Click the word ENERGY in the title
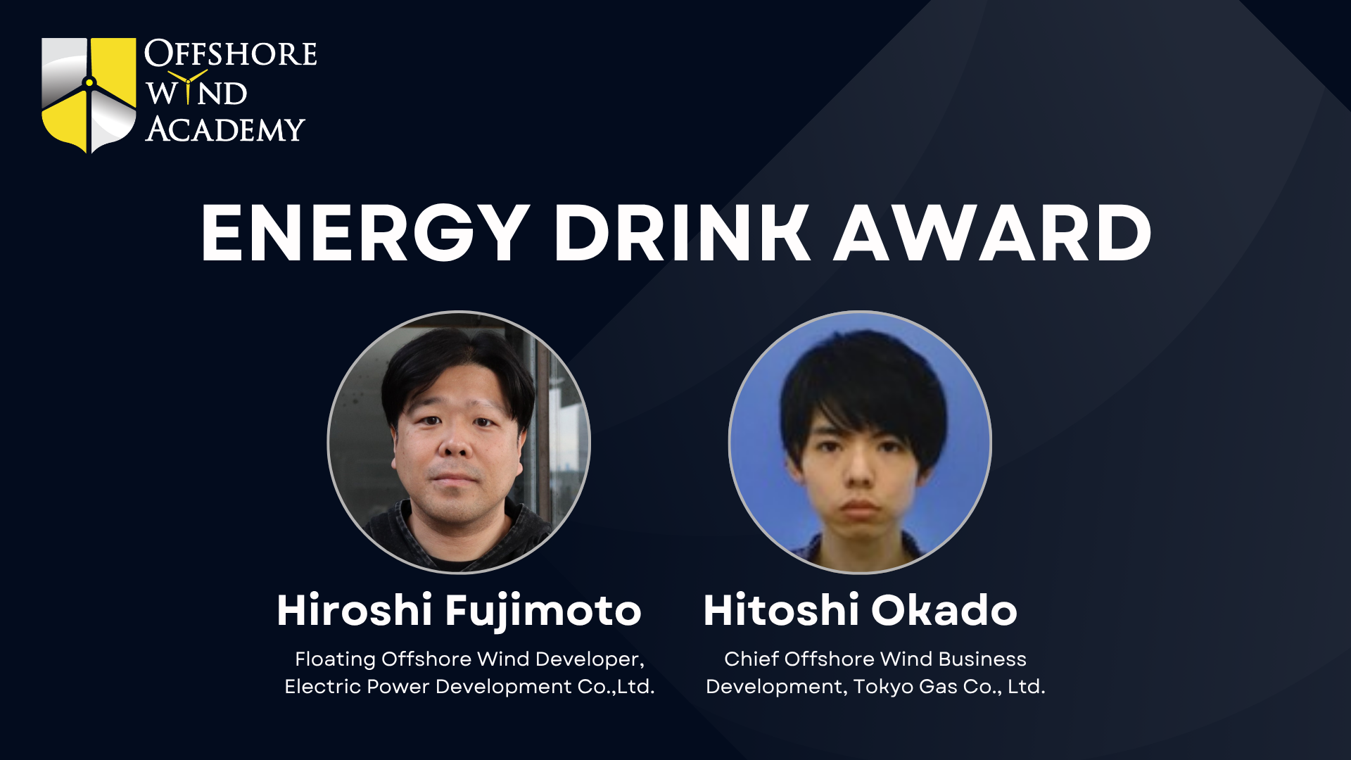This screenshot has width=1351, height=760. point(365,234)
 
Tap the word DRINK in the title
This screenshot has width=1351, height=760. point(683,234)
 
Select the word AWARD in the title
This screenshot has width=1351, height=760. point(993,234)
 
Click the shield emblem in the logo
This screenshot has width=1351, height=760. point(89,95)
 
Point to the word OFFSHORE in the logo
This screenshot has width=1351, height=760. point(231,53)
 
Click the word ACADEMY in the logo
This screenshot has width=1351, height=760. point(225,129)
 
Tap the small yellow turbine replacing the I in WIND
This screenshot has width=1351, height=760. point(188,87)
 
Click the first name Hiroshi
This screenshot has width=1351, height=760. point(355,609)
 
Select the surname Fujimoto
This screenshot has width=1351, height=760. point(543,611)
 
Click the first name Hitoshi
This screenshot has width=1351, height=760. point(781,609)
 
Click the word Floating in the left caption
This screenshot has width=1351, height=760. point(335,659)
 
